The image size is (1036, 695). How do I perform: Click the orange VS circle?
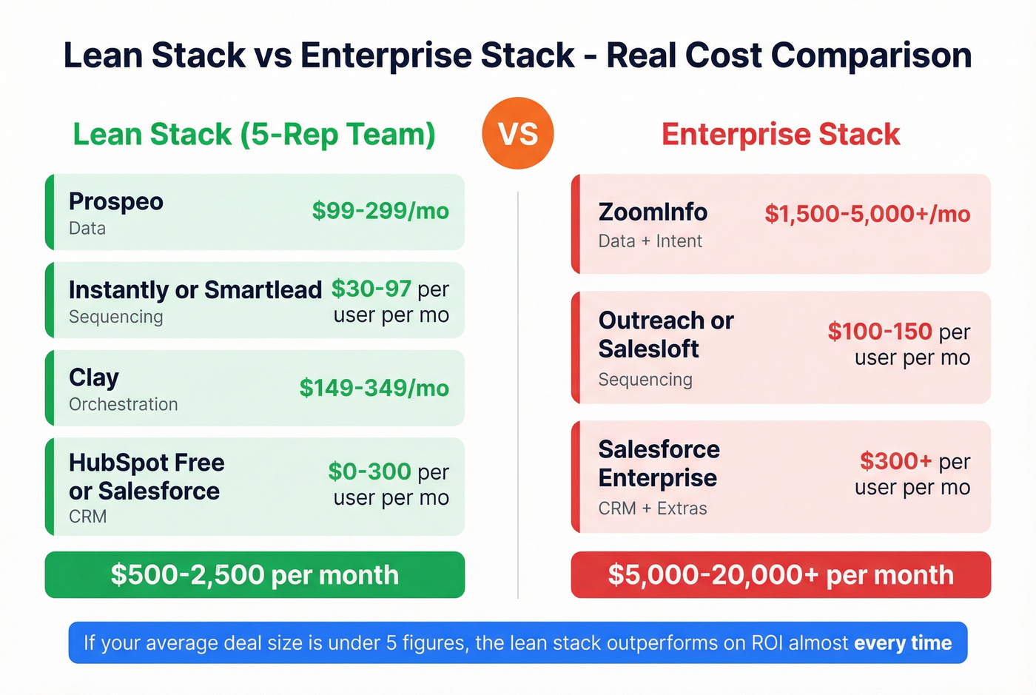click(517, 133)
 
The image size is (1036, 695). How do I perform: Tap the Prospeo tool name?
click(115, 201)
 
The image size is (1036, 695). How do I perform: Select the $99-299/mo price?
click(380, 211)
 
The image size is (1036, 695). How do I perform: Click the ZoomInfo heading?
click(653, 212)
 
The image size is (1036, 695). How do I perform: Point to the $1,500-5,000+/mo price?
click(867, 214)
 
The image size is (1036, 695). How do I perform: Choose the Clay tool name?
click(93, 377)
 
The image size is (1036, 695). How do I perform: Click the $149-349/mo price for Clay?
click(374, 388)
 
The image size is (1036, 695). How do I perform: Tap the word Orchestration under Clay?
click(123, 404)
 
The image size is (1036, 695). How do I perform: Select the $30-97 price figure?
click(371, 289)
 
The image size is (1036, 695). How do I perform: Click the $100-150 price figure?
click(879, 332)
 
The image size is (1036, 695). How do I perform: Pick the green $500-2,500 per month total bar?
click(255, 575)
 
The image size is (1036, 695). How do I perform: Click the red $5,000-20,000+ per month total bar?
click(781, 575)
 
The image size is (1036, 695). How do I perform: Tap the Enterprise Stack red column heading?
click(781, 135)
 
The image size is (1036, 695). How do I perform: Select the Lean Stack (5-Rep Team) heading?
click(254, 135)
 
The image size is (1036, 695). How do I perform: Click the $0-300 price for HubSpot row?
click(369, 471)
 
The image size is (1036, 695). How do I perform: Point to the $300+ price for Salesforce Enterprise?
click(895, 461)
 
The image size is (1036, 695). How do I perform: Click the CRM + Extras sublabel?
click(652, 508)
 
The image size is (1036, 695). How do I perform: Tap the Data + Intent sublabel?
click(650, 241)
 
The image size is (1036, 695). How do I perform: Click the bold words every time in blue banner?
click(903, 642)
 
